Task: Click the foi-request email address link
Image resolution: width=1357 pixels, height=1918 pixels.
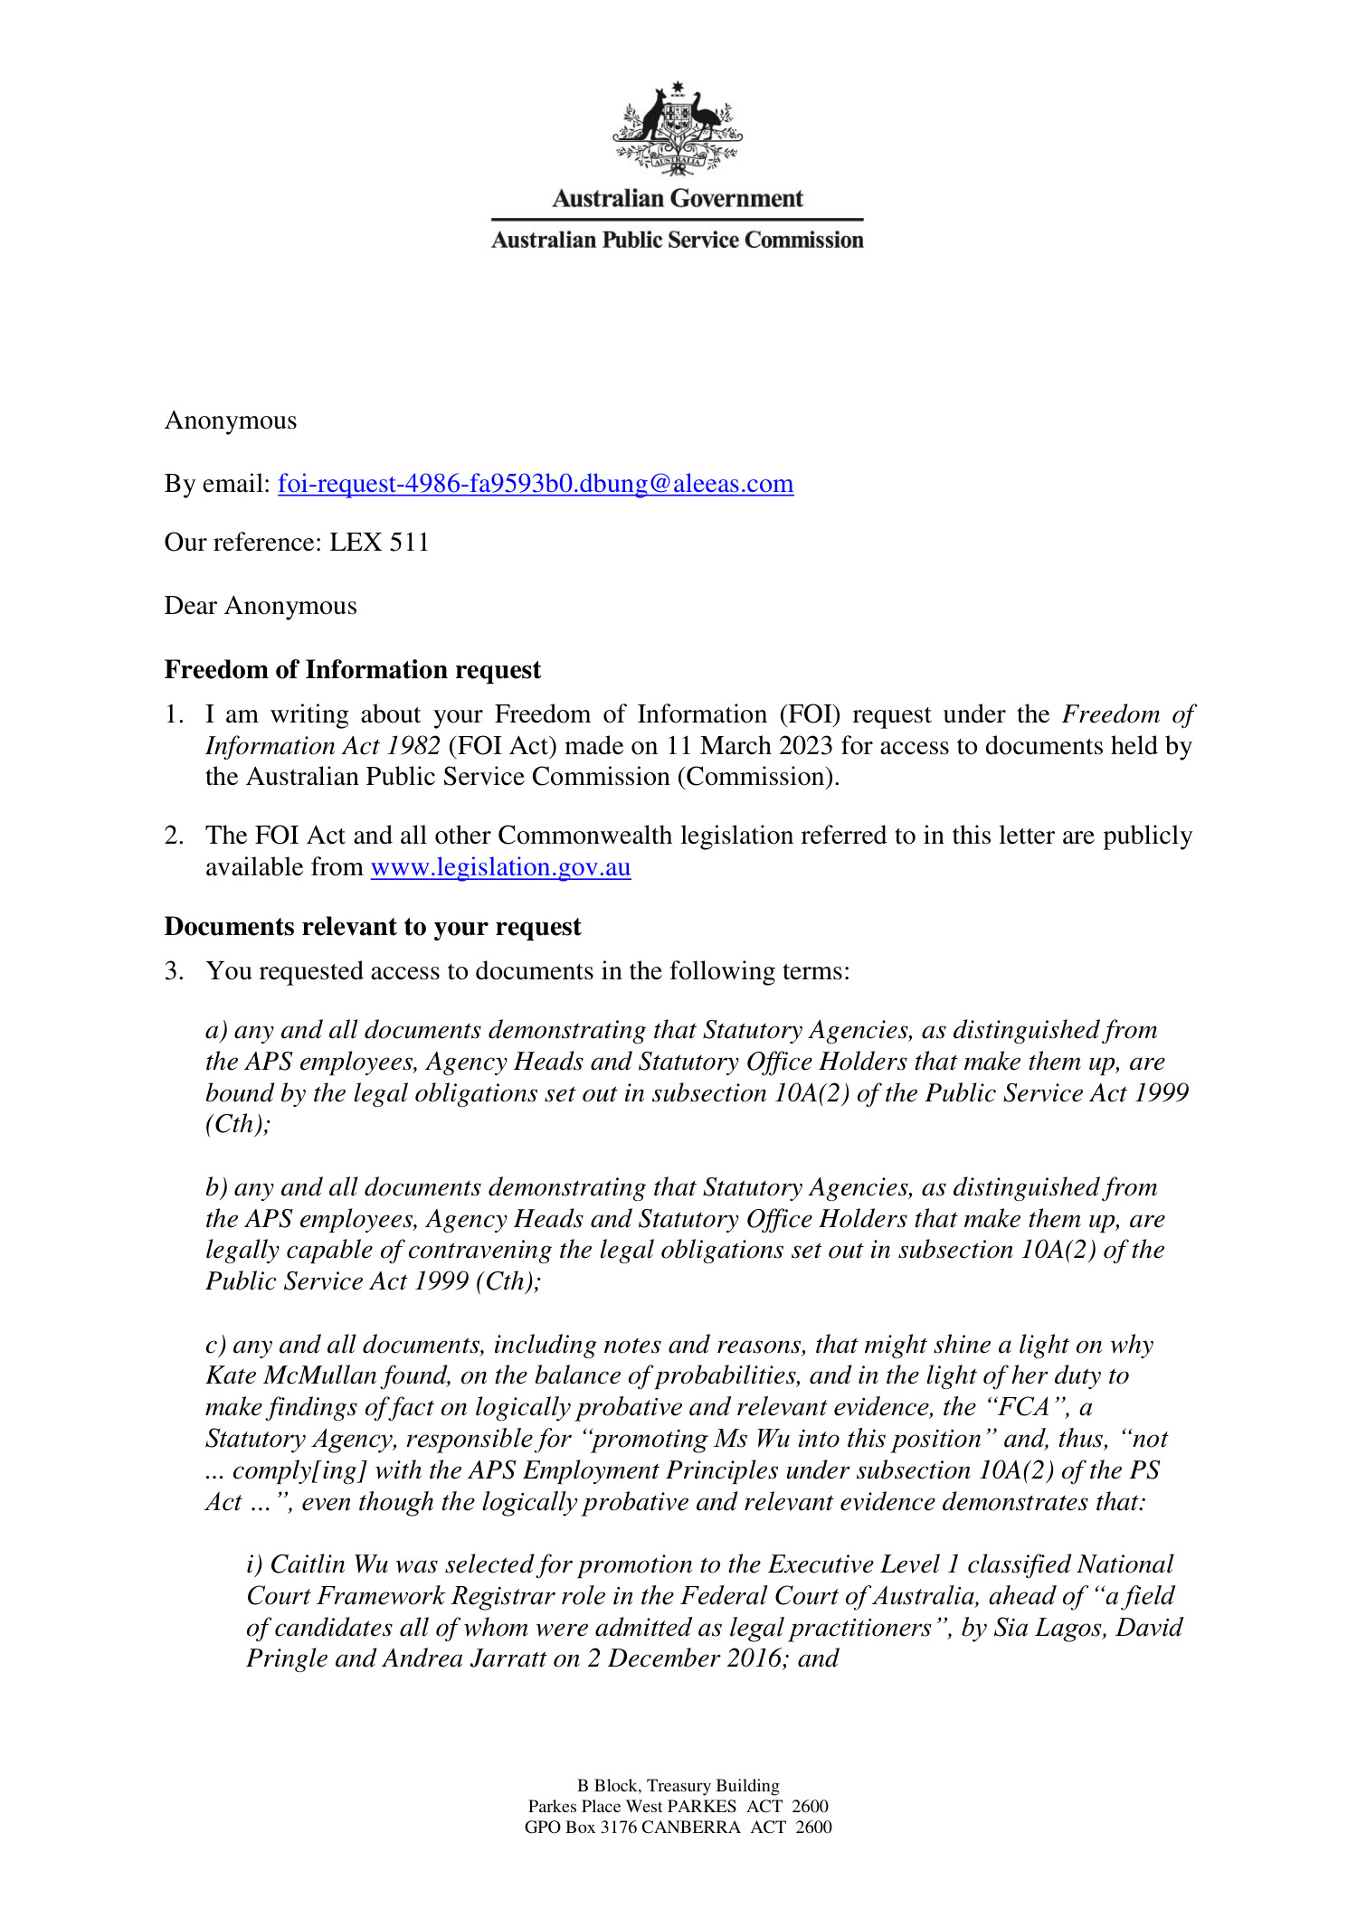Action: click(x=536, y=484)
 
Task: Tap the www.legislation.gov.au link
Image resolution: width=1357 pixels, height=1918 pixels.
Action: click(x=500, y=867)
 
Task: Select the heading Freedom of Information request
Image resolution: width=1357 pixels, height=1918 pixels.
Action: click(x=352, y=670)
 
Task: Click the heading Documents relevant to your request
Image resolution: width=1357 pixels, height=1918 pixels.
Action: click(x=372, y=927)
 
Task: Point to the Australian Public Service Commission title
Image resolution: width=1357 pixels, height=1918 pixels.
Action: click(x=678, y=241)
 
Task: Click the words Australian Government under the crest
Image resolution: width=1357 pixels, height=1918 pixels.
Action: click(x=678, y=199)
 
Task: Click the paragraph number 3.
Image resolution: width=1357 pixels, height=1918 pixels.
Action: click(x=174, y=971)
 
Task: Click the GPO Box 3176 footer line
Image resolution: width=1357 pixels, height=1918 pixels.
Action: click(x=678, y=1828)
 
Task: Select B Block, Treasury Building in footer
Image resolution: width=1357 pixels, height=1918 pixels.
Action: click(x=678, y=1786)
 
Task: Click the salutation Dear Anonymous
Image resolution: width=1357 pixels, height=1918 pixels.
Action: click(x=261, y=606)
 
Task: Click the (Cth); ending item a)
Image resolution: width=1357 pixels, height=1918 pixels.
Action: click(x=238, y=1124)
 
